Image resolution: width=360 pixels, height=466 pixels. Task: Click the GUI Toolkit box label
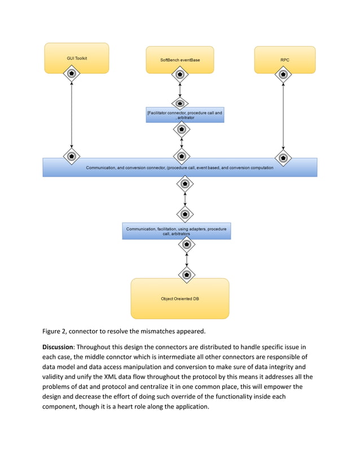[77, 58]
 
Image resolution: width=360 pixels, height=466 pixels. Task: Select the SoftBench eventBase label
[180, 59]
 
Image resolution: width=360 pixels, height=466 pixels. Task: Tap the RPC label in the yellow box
[284, 59]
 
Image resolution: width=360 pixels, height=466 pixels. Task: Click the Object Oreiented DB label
[180, 298]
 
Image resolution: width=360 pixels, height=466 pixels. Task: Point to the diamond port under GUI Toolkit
[71, 74]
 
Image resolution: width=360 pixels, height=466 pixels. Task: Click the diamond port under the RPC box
[283, 74]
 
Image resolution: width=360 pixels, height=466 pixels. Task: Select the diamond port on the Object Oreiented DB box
[187, 275]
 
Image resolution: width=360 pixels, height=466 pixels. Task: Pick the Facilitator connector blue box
[185, 115]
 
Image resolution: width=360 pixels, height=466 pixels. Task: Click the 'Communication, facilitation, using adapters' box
[177, 231]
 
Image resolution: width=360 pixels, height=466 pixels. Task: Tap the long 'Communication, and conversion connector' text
[179, 168]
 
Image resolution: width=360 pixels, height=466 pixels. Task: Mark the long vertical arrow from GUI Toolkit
[72, 116]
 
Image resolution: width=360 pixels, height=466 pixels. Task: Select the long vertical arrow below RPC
[283, 116]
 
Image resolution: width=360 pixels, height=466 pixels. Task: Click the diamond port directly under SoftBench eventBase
[179, 74]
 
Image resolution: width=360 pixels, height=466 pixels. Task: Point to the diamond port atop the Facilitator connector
[180, 103]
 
